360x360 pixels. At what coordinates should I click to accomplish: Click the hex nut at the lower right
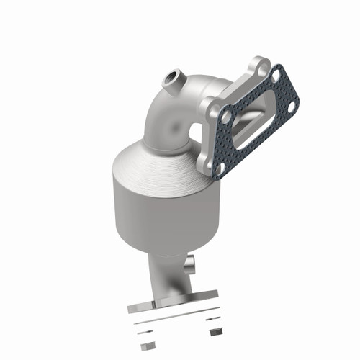[214, 333]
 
